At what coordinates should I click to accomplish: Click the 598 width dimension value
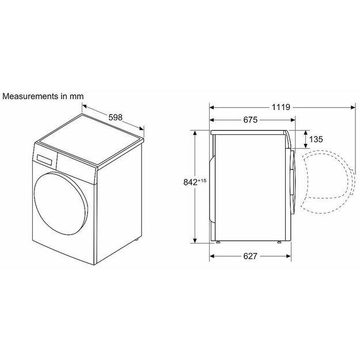click(115, 118)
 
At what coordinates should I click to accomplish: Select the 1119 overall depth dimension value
click(281, 107)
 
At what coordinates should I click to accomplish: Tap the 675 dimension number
click(250, 120)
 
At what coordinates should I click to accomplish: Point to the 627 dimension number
click(250, 256)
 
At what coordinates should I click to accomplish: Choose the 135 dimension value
click(316, 139)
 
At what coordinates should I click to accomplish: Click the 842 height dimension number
click(190, 182)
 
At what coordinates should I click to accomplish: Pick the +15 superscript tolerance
click(202, 180)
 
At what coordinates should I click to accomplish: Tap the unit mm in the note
click(77, 96)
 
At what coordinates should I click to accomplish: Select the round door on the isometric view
click(61, 204)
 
